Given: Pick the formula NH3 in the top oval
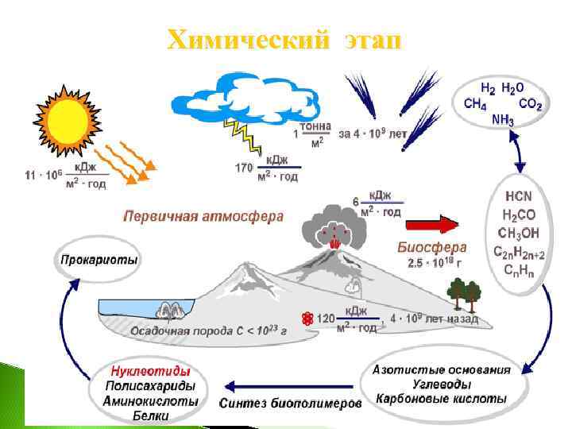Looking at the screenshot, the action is (x=502, y=120).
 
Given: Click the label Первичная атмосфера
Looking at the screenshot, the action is (x=203, y=216).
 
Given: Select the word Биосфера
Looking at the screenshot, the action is (x=431, y=246).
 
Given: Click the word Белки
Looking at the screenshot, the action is (x=150, y=415).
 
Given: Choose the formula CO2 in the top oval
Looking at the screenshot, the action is (x=530, y=103).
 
